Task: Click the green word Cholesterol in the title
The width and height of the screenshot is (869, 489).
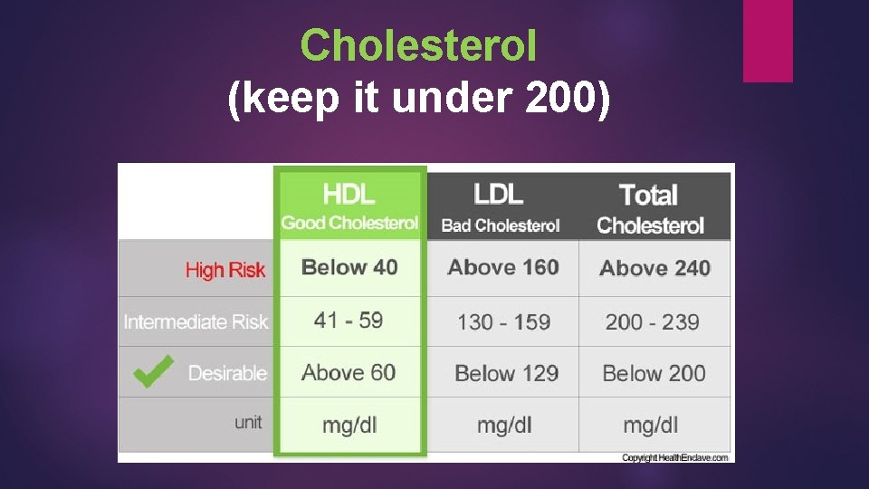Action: (x=418, y=45)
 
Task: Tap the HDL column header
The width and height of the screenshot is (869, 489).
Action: (x=349, y=194)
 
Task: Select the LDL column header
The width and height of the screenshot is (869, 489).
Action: (x=499, y=194)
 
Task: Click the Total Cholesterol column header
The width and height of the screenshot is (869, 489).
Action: (x=649, y=208)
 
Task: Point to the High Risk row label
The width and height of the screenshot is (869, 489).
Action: (x=225, y=269)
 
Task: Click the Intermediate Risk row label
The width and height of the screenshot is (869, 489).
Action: (x=196, y=321)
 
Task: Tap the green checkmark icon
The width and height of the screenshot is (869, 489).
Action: (x=153, y=371)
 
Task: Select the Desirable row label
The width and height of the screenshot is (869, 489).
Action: (x=227, y=373)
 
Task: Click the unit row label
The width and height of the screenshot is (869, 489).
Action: (x=248, y=422)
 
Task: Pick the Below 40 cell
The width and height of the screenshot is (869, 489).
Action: (x=349, y=267)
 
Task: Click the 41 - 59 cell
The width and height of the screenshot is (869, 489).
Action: (x=349, y=321)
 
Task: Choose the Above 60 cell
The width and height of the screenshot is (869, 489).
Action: (x=349, y=372)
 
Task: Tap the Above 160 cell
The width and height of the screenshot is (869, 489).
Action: (x=503, y=267)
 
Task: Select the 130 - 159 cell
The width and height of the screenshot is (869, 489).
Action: (x=503, y=321)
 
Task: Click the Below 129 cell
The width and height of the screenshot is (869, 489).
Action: (x=506, y=373)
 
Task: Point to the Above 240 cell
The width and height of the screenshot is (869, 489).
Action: (x=654, y=268)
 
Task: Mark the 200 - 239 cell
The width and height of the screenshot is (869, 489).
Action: (x=652, y=321)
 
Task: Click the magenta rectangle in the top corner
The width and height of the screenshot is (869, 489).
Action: (x=768, y=40)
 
